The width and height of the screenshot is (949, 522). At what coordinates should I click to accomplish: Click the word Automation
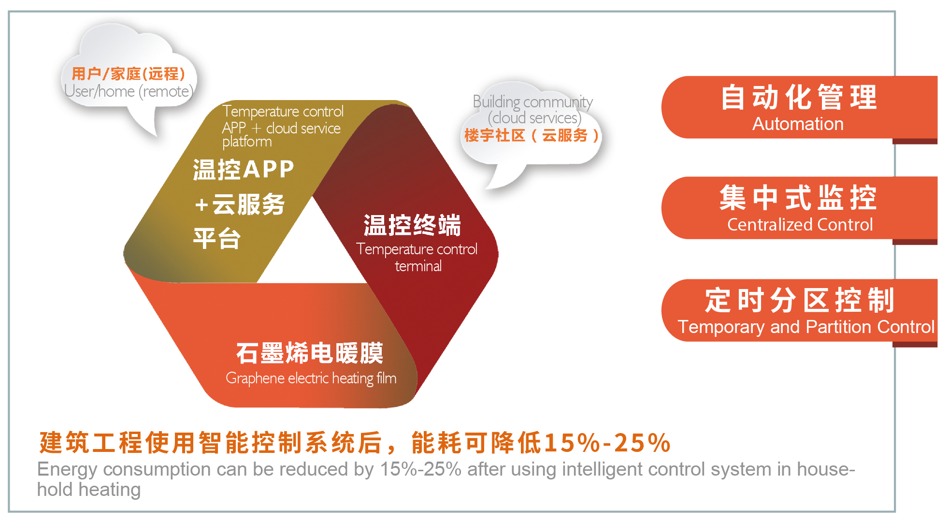[798, 124]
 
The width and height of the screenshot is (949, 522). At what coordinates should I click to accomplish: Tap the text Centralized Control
[800, 225]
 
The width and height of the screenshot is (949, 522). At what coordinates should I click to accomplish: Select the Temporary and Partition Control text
[806, 327]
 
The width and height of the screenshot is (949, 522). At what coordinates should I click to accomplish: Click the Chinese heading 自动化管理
[799, 97]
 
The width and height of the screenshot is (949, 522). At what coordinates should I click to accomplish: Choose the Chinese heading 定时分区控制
[800, 300]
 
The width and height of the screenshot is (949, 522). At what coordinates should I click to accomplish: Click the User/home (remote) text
[129, 91]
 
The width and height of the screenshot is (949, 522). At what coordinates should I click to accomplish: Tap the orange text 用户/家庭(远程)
[129, 73]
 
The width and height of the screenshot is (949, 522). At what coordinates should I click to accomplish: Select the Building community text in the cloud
[532, 101]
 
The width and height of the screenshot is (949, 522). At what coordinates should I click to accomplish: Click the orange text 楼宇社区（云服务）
[532, 135]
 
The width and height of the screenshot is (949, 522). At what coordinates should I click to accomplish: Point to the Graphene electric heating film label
[311, 378]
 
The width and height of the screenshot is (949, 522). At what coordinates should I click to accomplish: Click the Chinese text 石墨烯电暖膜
[310, 353]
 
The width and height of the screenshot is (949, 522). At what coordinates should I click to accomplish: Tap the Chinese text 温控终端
[412, 225]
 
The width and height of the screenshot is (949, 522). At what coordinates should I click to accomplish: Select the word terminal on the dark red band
[418, 266]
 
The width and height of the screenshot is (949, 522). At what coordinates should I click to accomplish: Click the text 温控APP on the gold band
[244, 170]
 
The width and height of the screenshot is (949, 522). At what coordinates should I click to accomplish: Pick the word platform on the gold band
[247, 142]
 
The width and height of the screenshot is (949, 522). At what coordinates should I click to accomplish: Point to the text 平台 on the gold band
[217, 239]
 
